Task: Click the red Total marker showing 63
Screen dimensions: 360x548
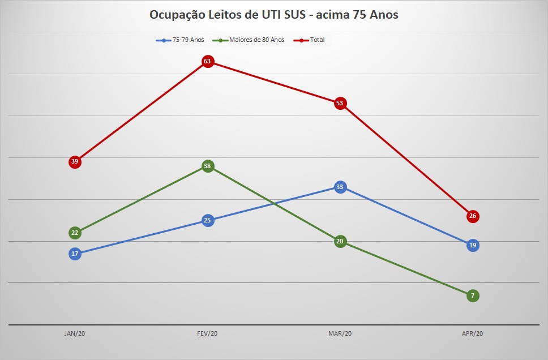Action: coord(208,62)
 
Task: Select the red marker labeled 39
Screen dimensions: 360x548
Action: coord(75,162)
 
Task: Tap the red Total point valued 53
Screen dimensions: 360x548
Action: coord(340,103)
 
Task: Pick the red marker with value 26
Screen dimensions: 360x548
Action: coord(473,216)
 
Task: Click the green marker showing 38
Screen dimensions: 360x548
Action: coord(208,166)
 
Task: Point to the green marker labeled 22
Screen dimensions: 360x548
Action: coord(75,233)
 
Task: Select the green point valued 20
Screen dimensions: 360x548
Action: coord(340,241)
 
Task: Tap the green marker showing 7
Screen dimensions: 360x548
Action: coord(473,295)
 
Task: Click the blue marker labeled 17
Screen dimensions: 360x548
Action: coord(75,254)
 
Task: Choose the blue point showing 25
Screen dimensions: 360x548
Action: coord(208,220)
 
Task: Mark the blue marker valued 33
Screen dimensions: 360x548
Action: coord(340,187)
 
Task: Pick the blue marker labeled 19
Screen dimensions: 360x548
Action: coord(473,246)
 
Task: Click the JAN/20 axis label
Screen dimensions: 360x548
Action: coord(75,333)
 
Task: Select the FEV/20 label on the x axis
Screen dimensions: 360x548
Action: coord(207,333)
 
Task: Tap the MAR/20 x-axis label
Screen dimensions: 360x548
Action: coord(340,333)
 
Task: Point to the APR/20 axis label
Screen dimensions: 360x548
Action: coord(473,333)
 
